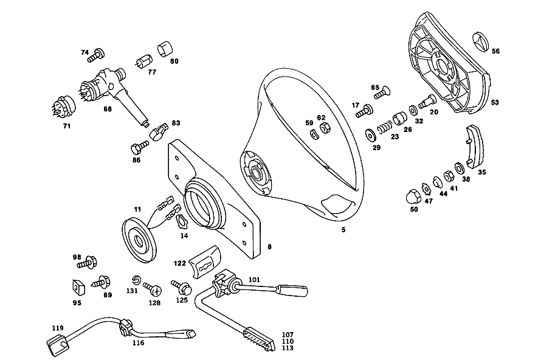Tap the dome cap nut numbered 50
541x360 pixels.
(x=413, y=197)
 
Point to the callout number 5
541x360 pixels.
(x=343, y=229)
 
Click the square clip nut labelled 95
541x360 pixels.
(x=78, y=287)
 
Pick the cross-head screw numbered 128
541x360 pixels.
(x=153, y=289)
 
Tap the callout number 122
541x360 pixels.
(x=180, y=263)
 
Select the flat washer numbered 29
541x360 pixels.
(x=371, y=135)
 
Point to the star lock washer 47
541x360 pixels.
(x=427, y=189)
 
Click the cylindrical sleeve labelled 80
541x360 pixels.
(x=165, y=49)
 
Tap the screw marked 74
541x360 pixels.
(x=96, y=55)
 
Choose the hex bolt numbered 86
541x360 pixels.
(x=140, y=147)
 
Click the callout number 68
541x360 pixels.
(x=108, y=109)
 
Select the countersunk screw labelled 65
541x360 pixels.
(x=383, y=92)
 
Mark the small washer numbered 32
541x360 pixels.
(x=413, y=111)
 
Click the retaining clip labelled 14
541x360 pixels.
(x=182, y=221)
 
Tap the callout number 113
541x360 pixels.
(x=288, y=348)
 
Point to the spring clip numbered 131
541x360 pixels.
(x=137, y=279)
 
